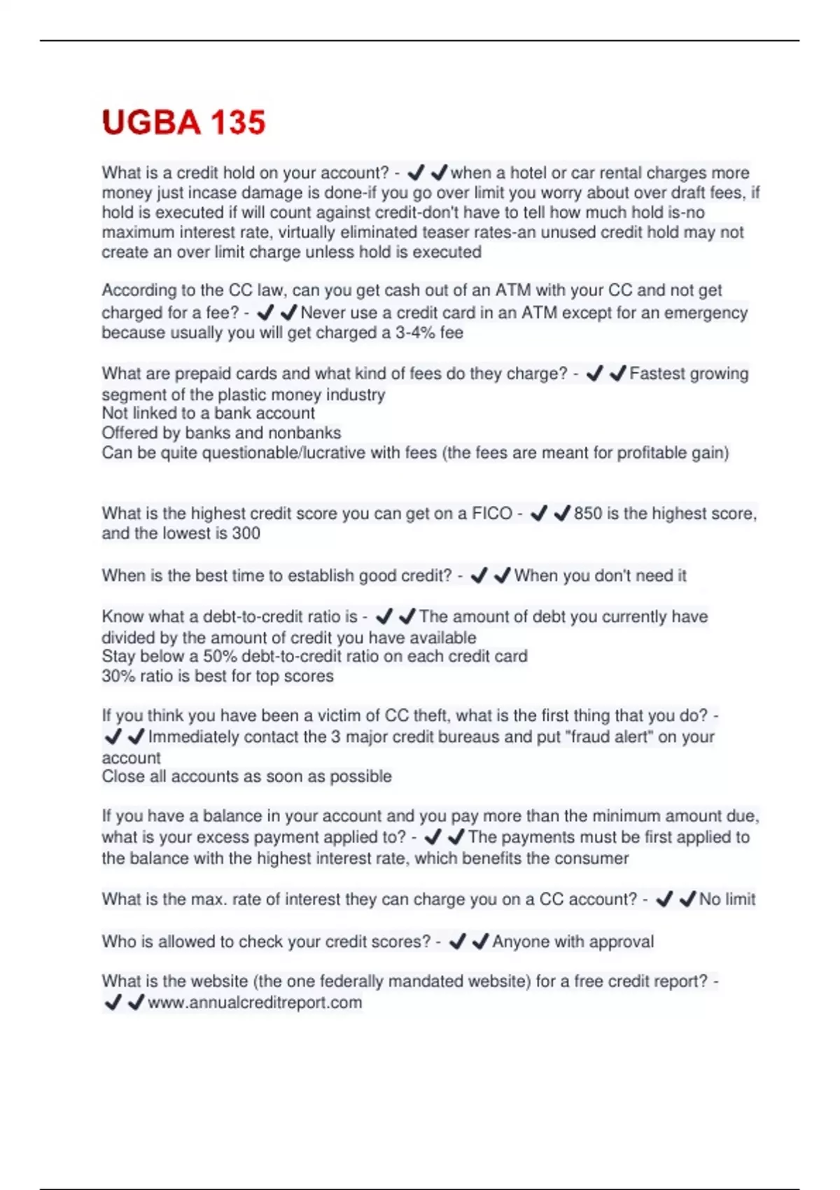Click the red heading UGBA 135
click(183, 122)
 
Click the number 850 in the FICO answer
click(588, 514)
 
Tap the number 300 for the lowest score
click(246, 533)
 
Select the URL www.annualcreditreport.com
click(255, 1002)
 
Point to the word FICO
click(492, 514)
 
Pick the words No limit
click(727, 899)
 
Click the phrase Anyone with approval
click(573, 941)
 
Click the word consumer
click(593, 858)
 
